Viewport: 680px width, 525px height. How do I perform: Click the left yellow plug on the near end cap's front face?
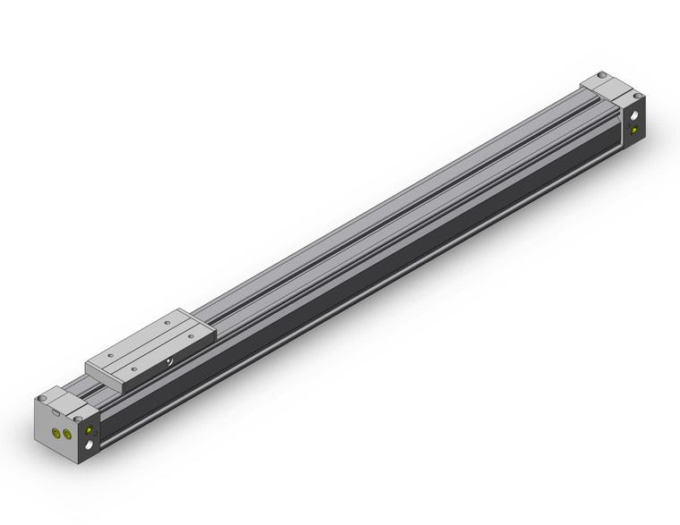click(55, 432)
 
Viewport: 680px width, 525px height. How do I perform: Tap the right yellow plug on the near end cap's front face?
click(67, 435)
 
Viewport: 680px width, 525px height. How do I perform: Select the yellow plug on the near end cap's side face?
click(89, 430)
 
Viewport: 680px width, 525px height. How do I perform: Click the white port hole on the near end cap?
click(89, 445)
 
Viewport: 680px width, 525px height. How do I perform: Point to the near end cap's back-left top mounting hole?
click(42, 398)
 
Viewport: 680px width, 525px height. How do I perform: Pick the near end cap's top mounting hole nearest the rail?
click(78, 419)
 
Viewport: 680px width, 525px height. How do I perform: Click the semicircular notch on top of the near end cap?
click(55, 412)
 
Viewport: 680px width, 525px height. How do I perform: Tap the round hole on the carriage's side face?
click(169, 361)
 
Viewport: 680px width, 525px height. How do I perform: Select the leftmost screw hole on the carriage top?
click(110, 355)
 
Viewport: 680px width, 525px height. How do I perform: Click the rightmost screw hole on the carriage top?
click(191, 335)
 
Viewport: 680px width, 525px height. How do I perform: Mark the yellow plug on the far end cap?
click(634, 131)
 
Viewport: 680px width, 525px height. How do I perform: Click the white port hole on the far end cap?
click(634, 114)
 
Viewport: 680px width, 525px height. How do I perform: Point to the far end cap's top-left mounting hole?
click(602, 74)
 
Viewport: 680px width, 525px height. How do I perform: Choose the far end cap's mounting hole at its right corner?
click(638, 96)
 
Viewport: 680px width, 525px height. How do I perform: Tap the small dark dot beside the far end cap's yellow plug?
click(627, 126)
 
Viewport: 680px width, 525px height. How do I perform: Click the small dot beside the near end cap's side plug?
click(95, 433)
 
